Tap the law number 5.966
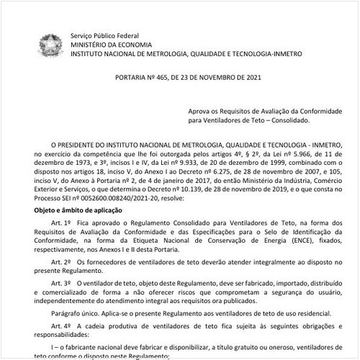coord(291,153)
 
